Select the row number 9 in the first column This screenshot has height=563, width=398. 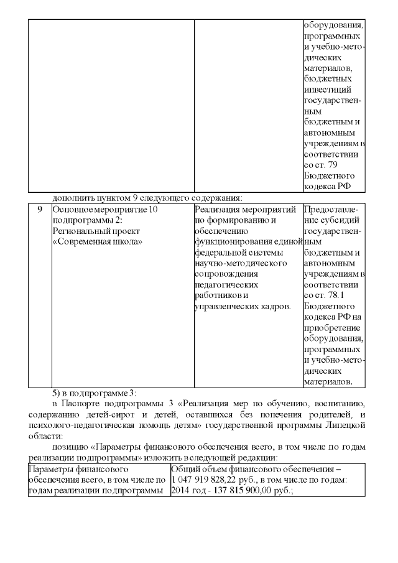[39, 210]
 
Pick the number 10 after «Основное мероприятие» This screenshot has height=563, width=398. [155, 210]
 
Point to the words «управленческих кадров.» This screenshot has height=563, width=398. [243, 306]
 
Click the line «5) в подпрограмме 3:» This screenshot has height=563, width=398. [93, 393]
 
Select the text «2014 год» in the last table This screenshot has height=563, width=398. [187, 490]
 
